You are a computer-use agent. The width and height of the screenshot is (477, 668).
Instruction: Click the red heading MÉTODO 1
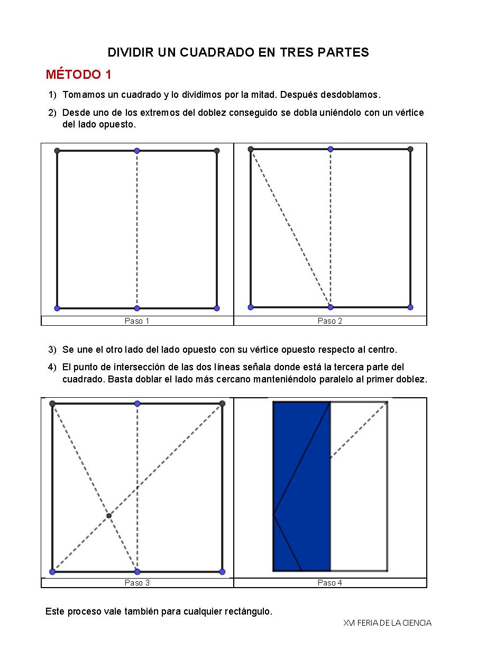(x=78, y=75)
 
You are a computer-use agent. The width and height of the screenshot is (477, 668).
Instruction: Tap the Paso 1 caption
(x=137, y=321)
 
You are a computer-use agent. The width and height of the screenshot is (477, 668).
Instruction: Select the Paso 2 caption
(x=330, y=321)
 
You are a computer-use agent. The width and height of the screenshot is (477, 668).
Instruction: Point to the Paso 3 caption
(x=137, y=583)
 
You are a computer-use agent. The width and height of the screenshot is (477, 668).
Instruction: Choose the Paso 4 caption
(x=330, y=583)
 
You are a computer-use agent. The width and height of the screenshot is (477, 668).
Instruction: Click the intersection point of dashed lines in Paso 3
(x=109, y=516)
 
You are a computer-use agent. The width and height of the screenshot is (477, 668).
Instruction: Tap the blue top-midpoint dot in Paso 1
(x=137, y=151)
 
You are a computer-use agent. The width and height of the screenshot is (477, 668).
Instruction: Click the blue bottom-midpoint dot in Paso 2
(x=331, y=307)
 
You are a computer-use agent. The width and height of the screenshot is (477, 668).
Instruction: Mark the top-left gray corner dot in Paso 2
(x=251, y=149)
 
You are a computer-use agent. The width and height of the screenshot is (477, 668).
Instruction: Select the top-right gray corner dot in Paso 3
(x=222, y=404)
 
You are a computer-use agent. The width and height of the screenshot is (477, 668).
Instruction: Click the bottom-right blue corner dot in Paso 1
(x=217, y=308)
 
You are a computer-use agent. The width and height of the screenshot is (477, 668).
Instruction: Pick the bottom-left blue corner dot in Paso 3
(x=52, y=572)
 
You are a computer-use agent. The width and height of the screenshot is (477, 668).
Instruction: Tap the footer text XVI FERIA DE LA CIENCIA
(x=387, y=623)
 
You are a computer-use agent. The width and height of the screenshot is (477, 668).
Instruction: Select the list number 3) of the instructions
(x=52, y=350)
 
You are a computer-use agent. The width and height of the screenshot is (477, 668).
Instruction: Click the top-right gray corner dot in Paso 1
(x=217, y=151)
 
